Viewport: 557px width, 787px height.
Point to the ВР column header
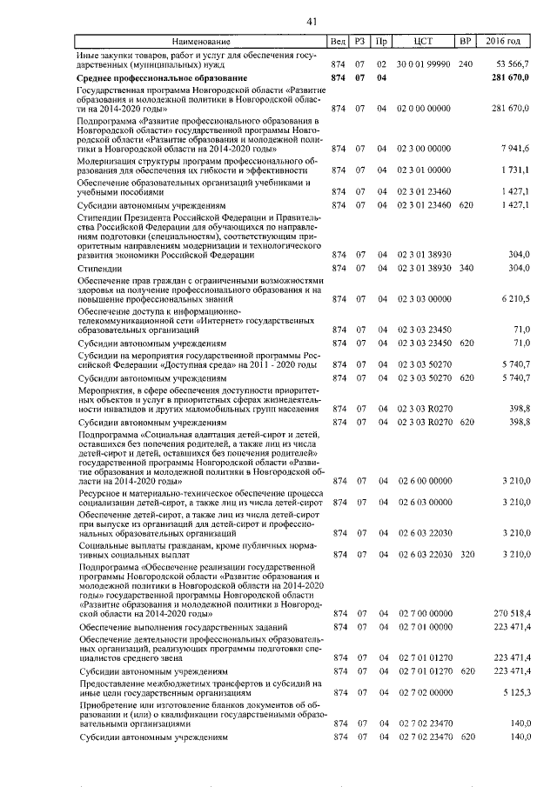point(466,42)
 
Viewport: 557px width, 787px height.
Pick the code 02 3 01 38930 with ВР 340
point(424,268)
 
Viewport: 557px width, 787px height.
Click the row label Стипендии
point(102,268)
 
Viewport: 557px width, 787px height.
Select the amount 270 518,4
point(513,614)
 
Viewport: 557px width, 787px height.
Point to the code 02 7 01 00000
point(424,627)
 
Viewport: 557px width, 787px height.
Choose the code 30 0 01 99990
point(424,64)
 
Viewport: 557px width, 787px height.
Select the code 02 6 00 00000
point(424,480)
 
